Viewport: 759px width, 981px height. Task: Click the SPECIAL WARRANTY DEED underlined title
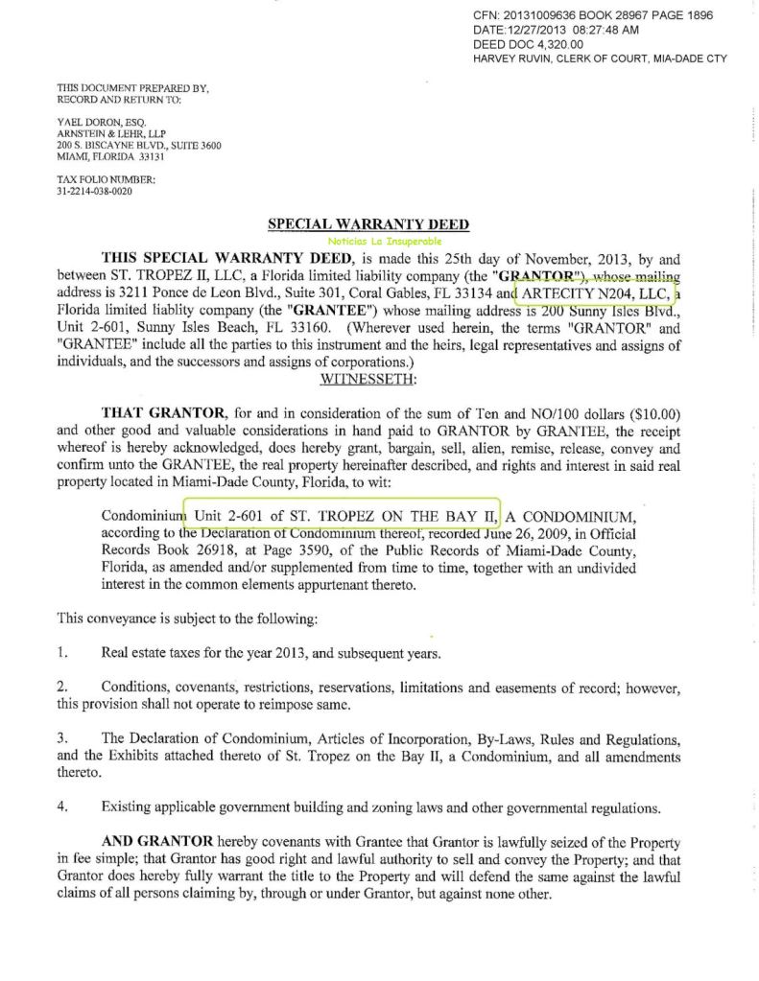point(368,224)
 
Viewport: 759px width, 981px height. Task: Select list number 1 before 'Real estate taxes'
point(61,654)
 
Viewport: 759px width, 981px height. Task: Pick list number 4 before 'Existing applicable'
point(61,807)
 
